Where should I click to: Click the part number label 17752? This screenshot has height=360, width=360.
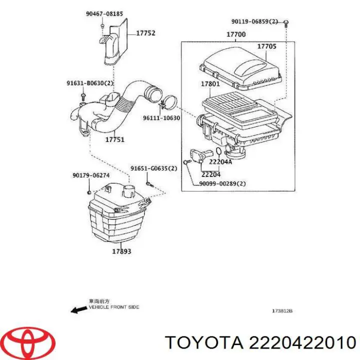145,33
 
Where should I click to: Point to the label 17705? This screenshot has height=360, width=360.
266,46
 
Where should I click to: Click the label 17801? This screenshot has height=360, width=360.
210,84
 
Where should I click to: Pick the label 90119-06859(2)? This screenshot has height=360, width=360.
255,21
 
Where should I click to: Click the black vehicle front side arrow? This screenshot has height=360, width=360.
78,310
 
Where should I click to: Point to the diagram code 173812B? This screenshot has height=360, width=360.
282,311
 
